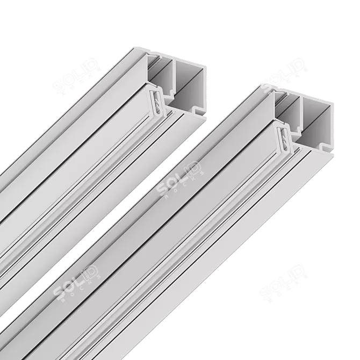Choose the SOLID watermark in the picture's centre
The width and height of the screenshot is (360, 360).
pyautogui.click(x=180, y=180)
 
